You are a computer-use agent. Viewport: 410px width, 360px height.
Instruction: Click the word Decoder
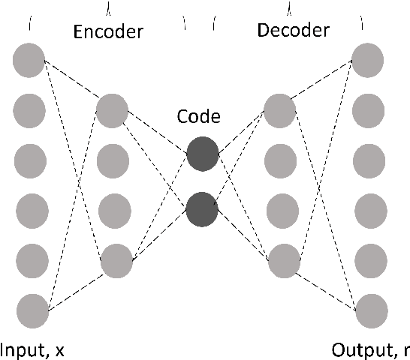click(293, 31)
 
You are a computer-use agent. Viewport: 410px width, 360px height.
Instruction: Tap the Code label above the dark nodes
click(199, 116)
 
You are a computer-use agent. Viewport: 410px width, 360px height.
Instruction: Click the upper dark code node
click(202, 154)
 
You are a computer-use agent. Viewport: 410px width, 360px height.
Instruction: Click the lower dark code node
click(202, 209)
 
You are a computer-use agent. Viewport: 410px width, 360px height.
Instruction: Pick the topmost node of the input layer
click(29, 60)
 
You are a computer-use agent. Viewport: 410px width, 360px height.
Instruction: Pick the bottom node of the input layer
click(32, 310)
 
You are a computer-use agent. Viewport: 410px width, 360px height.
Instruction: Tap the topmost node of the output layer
click(369, 60)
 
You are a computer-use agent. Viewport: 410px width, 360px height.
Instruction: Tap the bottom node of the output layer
click(372, 310)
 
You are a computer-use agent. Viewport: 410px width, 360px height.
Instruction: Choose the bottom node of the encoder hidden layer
click(116, 261)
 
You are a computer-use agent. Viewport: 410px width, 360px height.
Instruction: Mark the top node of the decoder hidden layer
click(280, 110)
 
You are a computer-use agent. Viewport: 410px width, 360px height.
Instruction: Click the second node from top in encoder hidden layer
click(113, 160)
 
